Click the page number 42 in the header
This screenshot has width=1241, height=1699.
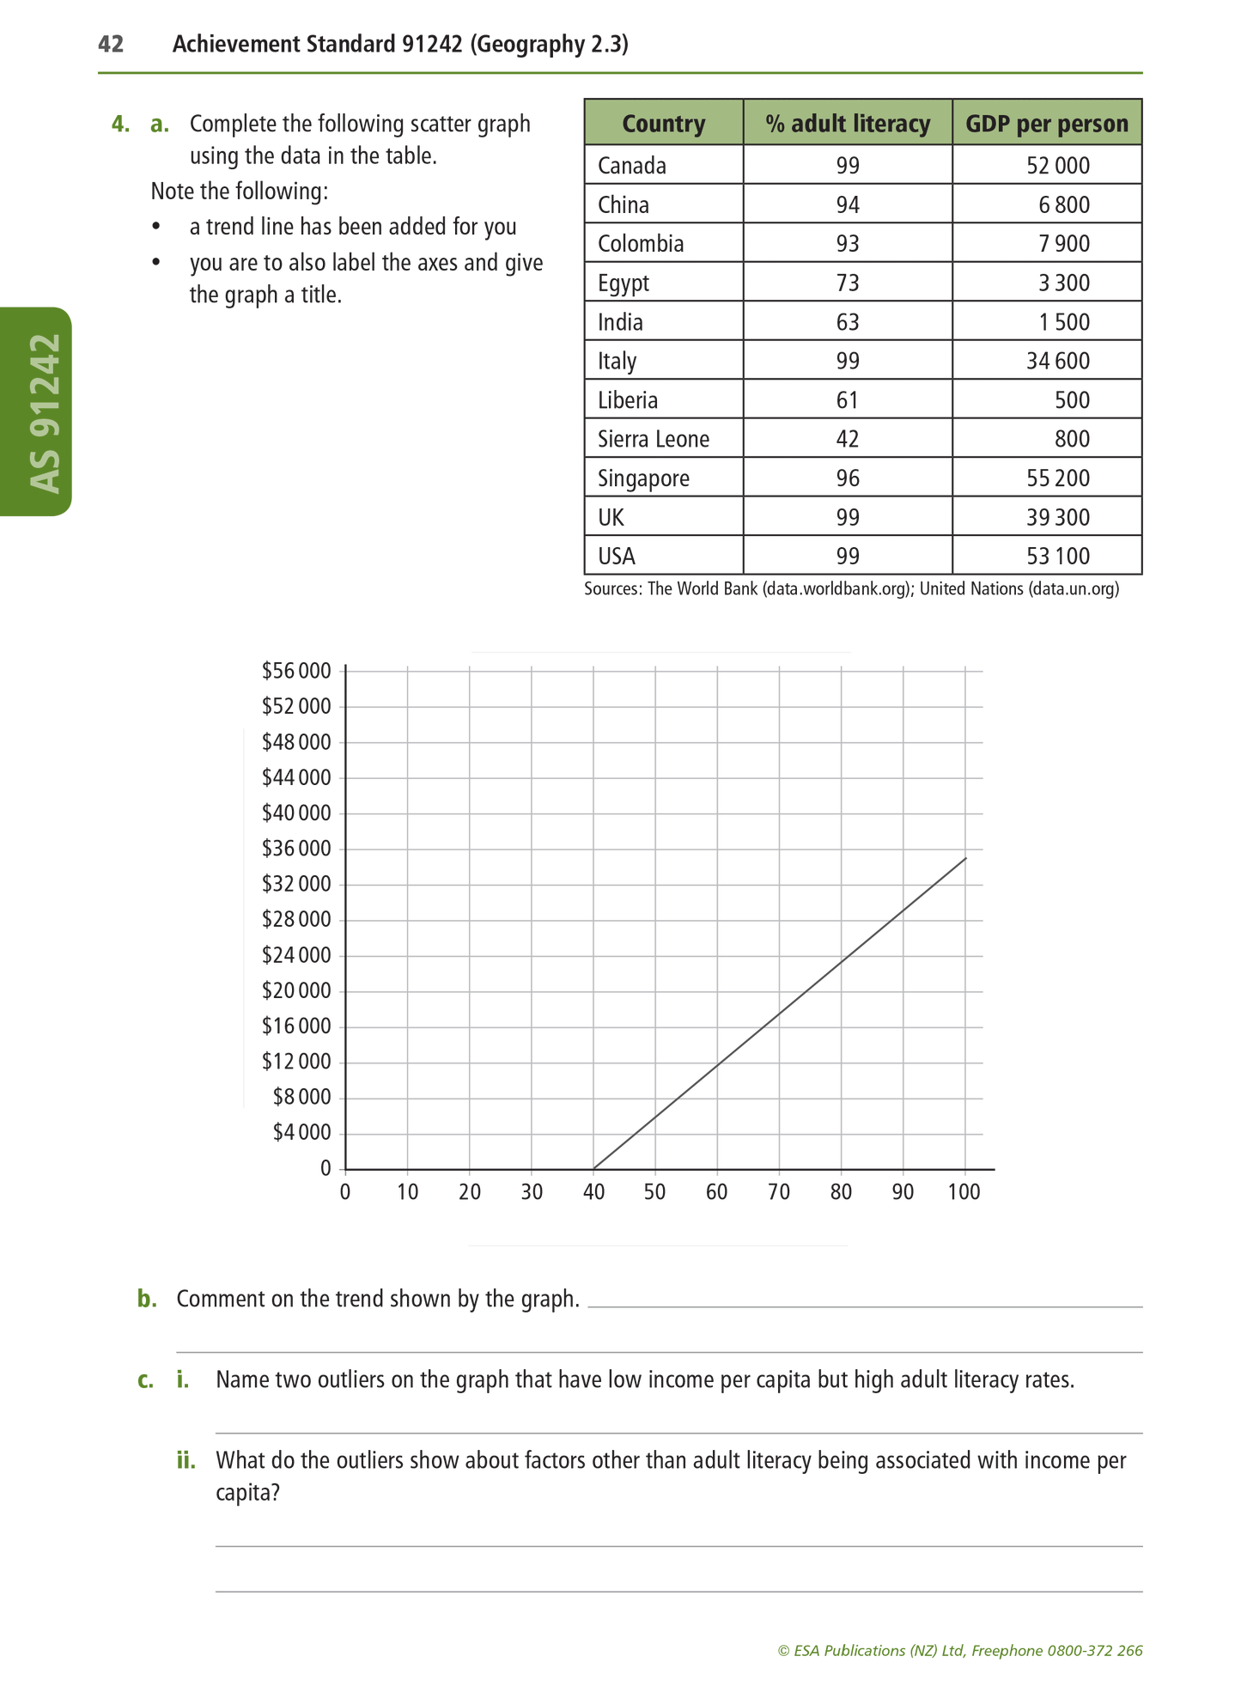click(111, 44)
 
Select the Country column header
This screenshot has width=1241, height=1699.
click(663, 124)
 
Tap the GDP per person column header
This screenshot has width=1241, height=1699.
click(1046, 124)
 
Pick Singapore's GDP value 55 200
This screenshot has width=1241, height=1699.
click(1057, 478)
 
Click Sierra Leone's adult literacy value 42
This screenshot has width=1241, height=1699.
click(847, 439)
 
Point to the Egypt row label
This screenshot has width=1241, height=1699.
click(624, 283)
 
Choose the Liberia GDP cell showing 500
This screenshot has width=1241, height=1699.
click(1073, 400)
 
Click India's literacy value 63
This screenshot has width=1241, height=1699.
click(847, 322)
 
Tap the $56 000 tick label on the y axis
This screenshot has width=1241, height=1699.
click(296, 671)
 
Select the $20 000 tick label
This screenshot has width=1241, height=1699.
click(296, 990)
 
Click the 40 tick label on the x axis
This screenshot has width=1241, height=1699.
click(593, 1192)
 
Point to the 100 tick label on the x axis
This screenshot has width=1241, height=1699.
click(964, 1192)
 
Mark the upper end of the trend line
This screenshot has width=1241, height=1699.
click(965, 858)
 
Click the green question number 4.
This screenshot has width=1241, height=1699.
click(120, 125)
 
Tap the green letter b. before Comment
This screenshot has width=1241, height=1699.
click(147, 1299)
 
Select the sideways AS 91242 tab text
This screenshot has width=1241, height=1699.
click(45, 412)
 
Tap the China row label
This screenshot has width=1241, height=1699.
click(624, 204)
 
